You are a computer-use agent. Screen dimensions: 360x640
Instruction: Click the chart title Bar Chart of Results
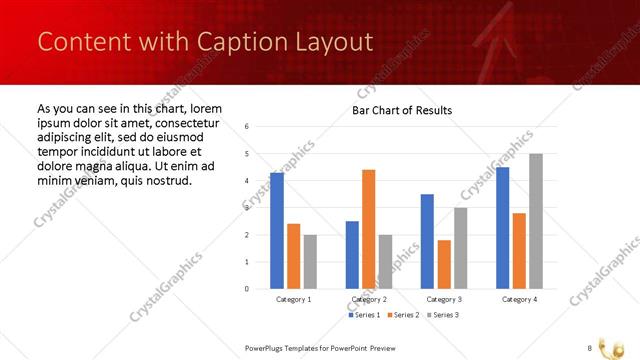(x=401, y=110)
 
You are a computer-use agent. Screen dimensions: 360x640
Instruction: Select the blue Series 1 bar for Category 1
(x=277, y=231)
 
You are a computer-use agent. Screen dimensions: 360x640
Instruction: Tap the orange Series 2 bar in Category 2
(x=368, y=229)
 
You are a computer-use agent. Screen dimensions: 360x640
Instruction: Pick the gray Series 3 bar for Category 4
(x=536, y=221)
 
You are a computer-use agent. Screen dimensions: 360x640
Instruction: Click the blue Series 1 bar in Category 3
(x=427, y=241)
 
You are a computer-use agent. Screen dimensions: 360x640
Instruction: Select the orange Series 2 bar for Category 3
(x=444, y=264)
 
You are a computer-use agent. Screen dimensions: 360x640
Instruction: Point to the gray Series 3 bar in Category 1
(x=310, y=262)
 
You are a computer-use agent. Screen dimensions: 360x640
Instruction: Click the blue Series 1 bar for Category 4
(x=502, y=228)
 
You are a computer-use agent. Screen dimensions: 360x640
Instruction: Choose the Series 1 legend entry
(x=364, y=316)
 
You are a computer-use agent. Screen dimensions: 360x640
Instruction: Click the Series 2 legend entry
(x=403, y=316)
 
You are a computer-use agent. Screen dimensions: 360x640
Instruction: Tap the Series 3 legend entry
(x=442, y=316)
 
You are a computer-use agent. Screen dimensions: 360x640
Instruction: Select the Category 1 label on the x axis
(x=294, y=300)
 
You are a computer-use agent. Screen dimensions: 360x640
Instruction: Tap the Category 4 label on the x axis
(x=519, y=300)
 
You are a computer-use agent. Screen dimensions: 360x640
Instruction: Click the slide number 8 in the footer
(x=590, y=347)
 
